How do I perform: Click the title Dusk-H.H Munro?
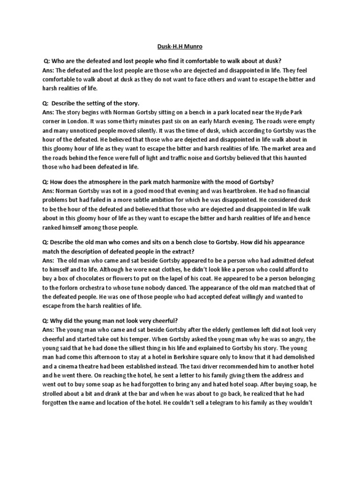pos(180,47)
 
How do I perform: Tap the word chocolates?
pos(87,279)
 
